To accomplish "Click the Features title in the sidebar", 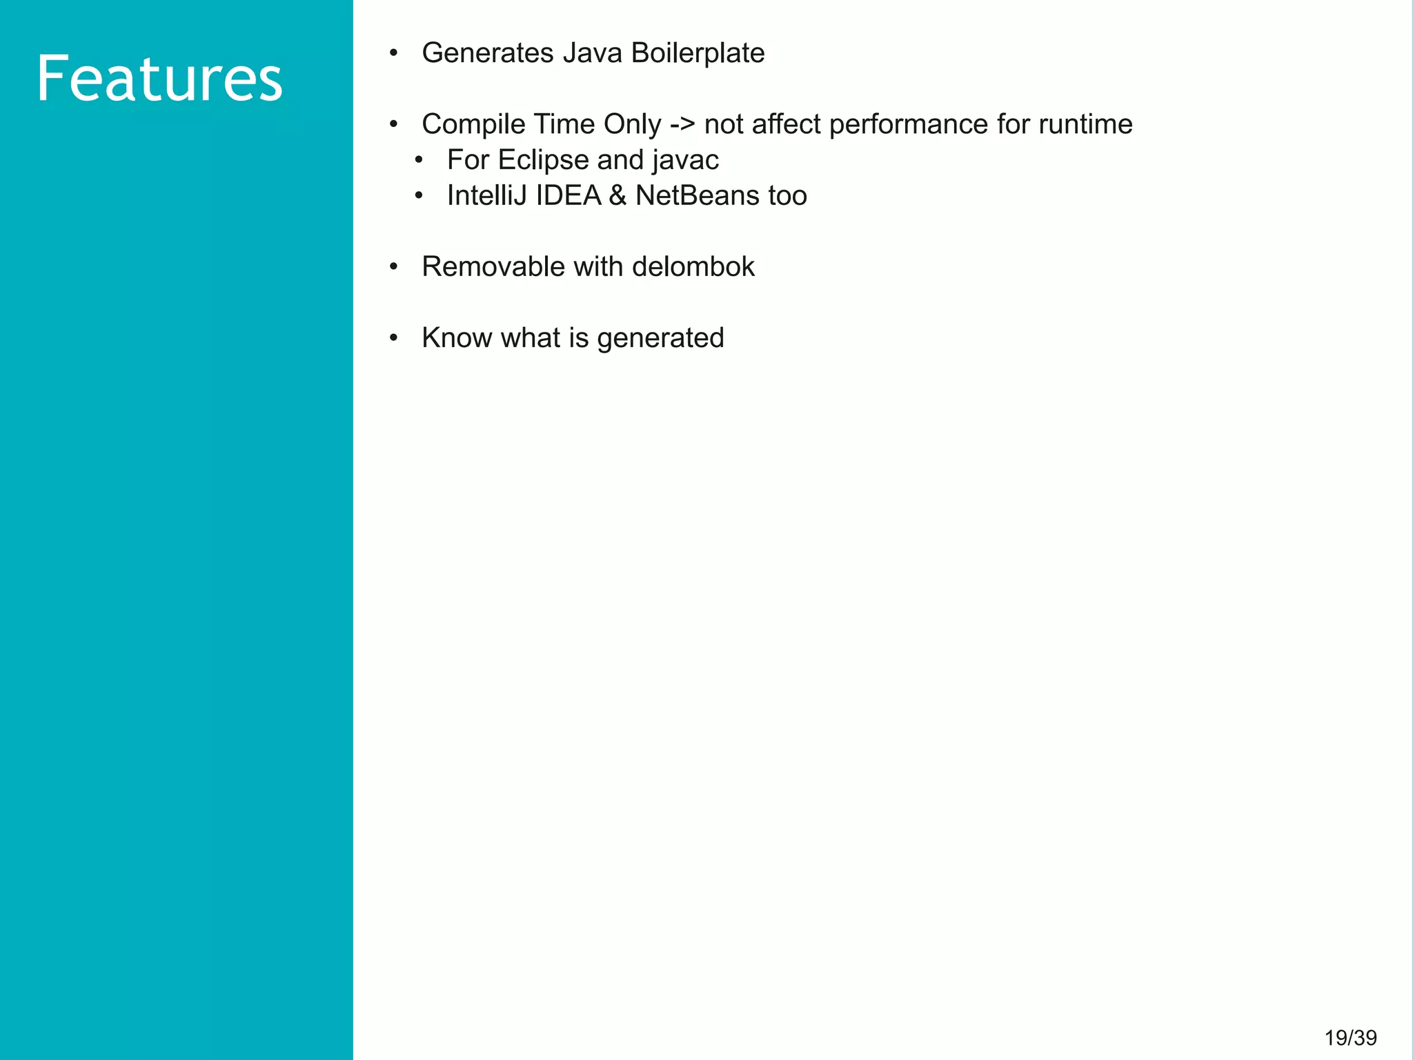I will [x=159, y=79].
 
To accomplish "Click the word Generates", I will [x=487, y=53].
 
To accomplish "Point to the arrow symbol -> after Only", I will [x=682, y=125].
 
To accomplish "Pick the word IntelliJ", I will [x=487, y=196].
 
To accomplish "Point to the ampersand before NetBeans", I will [x=617, y=196].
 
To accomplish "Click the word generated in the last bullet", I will [x=660, y=339].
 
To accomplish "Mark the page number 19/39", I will [x=1350, y=1038].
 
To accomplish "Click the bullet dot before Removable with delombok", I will [x=393, y=267].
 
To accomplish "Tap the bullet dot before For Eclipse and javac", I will [x=418, y=161].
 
